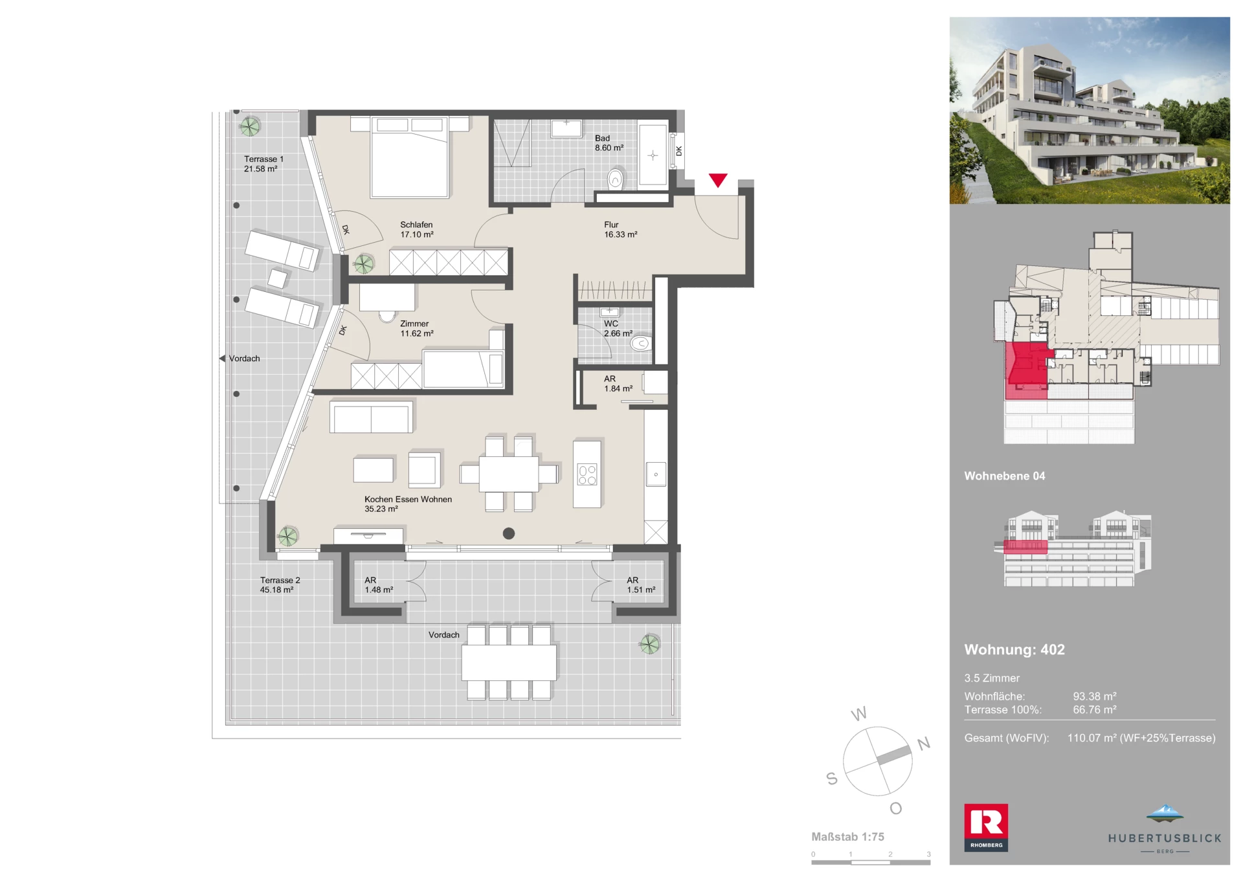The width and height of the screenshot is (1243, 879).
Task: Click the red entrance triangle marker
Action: click(718, 180)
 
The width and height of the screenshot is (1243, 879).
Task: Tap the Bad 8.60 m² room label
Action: click(609, 143)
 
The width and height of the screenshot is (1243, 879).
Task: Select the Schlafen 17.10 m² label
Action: click(416, 230)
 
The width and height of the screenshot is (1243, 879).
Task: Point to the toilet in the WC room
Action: click(640, 343)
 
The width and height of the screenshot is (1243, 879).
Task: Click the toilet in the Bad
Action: click(615, 179)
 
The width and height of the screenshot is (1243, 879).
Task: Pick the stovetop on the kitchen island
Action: click(587, 475)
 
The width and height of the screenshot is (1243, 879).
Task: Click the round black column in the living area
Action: click(509, 533)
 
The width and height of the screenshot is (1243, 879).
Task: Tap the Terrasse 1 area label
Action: click(263, 164)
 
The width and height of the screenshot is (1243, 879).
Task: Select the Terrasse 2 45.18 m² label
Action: click(280, 585)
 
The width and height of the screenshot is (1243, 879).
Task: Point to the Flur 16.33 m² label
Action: click(620, 230)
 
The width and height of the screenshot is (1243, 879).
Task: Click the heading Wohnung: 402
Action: click(1014, 650)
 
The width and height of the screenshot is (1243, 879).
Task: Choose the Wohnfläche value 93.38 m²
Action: click(1095, 696)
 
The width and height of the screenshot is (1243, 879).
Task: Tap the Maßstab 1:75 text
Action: click(847, 837)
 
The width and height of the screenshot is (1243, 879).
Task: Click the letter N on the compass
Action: click(924, 744)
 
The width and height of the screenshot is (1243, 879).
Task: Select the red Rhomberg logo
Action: click(986, 827)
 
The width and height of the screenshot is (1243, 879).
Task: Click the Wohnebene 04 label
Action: click(1004, 476)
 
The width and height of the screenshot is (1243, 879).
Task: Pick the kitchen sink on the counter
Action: click(656, 474)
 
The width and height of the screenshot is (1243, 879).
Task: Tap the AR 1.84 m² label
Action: click(618, 384)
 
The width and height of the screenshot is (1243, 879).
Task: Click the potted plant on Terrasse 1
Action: click(249, 126)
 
